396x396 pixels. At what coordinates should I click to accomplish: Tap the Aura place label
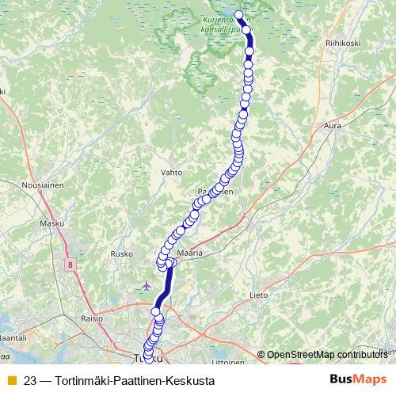tap(333, 125)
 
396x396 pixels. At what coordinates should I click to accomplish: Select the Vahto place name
tap(171, 171)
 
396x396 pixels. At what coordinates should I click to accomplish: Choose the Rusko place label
tap(121, 254)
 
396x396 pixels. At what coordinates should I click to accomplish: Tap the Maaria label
tap(190, 253)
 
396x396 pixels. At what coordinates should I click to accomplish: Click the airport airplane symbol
tap(145, 286)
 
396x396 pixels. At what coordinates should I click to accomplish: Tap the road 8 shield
tap(71, 264)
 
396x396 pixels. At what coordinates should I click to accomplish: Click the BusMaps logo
tap(356, 380)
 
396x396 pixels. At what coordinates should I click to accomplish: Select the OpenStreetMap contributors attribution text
tap(326, 354)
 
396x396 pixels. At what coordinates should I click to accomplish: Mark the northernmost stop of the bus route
tap(238, 13)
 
